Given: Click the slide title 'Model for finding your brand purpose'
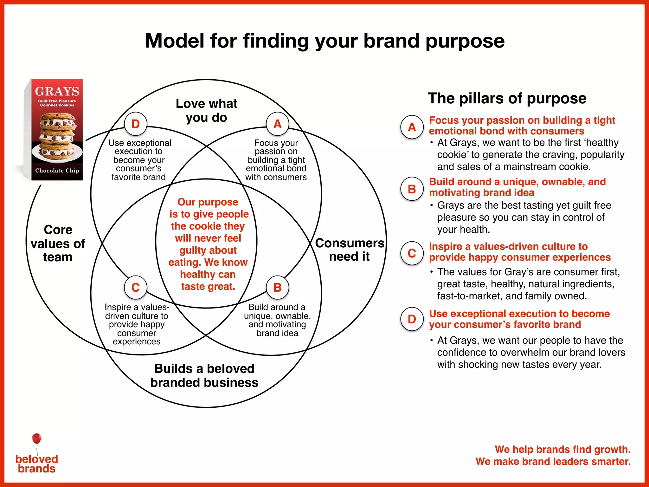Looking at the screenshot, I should click(324, 41).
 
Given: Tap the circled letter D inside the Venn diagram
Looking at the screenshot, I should click(136, 124).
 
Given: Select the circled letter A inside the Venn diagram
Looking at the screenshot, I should click(278, 124).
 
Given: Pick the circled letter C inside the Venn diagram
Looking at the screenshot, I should click(136, 288).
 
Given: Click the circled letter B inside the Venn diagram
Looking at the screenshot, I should click(278, 288).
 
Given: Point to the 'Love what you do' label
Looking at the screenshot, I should click(206, 110).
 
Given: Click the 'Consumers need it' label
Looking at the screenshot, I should click(350, 250).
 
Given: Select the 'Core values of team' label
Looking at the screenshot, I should click(58, 243).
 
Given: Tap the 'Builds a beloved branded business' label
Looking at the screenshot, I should click(204, 375).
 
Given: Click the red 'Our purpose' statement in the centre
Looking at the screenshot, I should click(208, 244).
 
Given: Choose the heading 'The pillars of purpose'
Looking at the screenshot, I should click(507, 98).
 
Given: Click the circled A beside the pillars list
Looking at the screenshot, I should click(412, 127).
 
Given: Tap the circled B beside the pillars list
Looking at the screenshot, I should click(412, 189).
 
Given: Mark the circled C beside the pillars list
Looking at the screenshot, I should click(412, 253).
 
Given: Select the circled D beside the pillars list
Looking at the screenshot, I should click(412, 319).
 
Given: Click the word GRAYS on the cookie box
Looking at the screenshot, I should click(57, 91).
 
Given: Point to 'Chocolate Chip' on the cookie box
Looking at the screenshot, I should click(57, 171).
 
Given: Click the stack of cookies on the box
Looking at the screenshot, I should click(57, 136).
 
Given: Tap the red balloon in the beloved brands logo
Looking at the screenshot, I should click(37, 439).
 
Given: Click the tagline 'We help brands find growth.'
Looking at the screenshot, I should click(562, 449).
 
